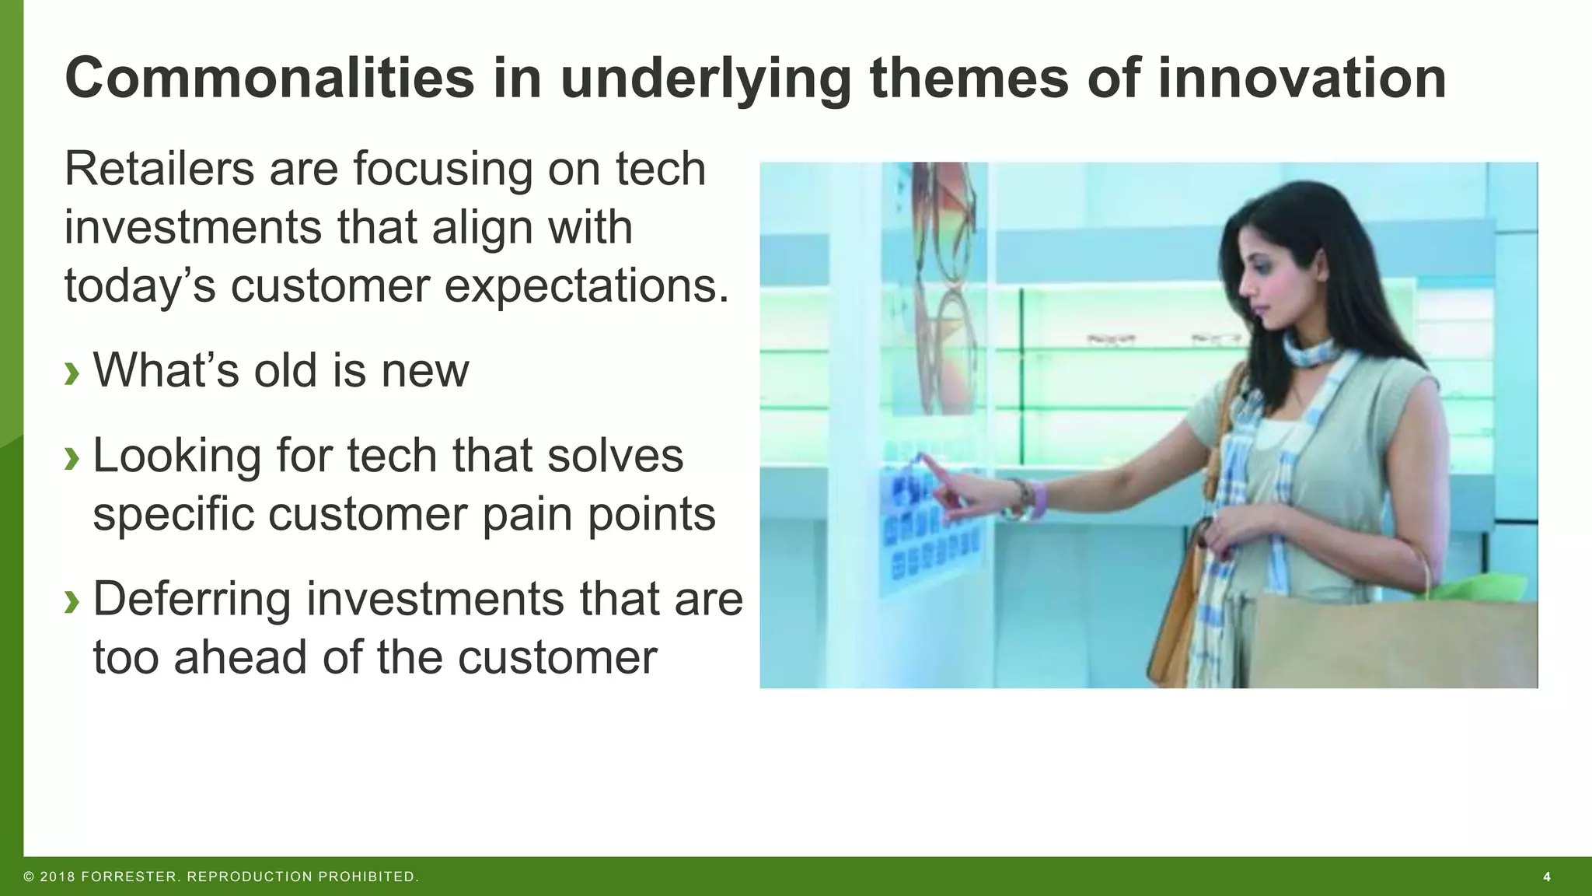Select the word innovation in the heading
[x=1301, y=79]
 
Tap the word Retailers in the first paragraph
[x=159, y=169]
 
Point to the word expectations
[x=587, y=285]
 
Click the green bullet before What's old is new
[x=72, y=373]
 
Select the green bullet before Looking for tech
[x=72, y=458]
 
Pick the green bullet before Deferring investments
[x=72, y=601]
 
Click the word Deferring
[x=191, y=599]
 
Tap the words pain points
[x=599, y=515]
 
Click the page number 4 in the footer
[x=1546, y=877]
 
